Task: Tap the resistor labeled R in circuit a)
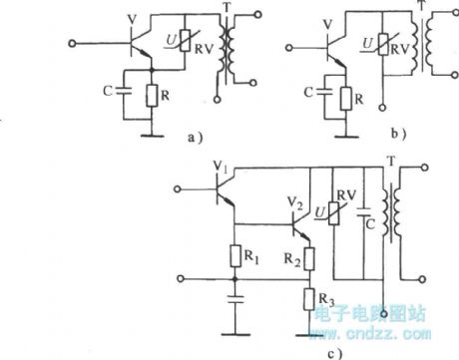(x=149, y=95)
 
